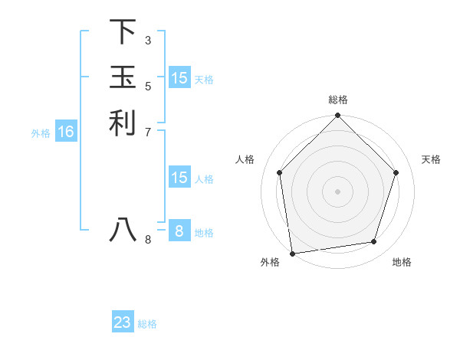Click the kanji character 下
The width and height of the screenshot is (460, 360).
pyautogui.click(x=123, y=32)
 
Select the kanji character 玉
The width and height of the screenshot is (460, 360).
pyautogui.click(x=123, y=77)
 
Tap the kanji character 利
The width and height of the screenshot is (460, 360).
pyautogui.click(x=123, y=123)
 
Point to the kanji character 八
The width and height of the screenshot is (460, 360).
pyautogui.click(x=123, y=229)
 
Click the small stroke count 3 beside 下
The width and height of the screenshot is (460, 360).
pyautogui.click(x=148, y=40)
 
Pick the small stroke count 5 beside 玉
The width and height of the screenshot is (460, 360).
pyautogui.click(x=148, y=86)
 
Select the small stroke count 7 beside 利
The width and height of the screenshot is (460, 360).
pyautogui.click(x=148, y=132)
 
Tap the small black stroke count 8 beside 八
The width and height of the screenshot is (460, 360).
pyautogui.click(x=148, y=239)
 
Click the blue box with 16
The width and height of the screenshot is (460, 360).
pyautogui.click(x=66, y=133)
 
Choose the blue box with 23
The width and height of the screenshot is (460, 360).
pyautogui.click(x=123, y=322)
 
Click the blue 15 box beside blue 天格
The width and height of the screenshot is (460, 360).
pyautogui.click(x=179, y=78)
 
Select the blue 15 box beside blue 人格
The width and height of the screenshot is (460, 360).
pyautogui.click(x=179, y=178)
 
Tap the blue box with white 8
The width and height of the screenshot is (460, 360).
pyautogui.click(x=179, y=231)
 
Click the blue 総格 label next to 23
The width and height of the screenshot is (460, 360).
pyautogui.click(x=147, y=324)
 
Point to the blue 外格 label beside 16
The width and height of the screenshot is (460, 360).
pyautogui.click(x=41, y=133)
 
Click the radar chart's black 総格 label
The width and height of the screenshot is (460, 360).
pyautogui.click(x=337, y=100)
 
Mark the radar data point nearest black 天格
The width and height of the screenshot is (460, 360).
pyautogui.click(x=396, y=172)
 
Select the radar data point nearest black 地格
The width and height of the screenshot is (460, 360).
pyautogui.click(x=373, y=242)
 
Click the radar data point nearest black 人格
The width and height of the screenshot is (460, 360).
pyautogui.click(x=279, y=172)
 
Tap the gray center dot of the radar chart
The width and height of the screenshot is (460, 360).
pyautogui.click(x=337, y=191)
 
